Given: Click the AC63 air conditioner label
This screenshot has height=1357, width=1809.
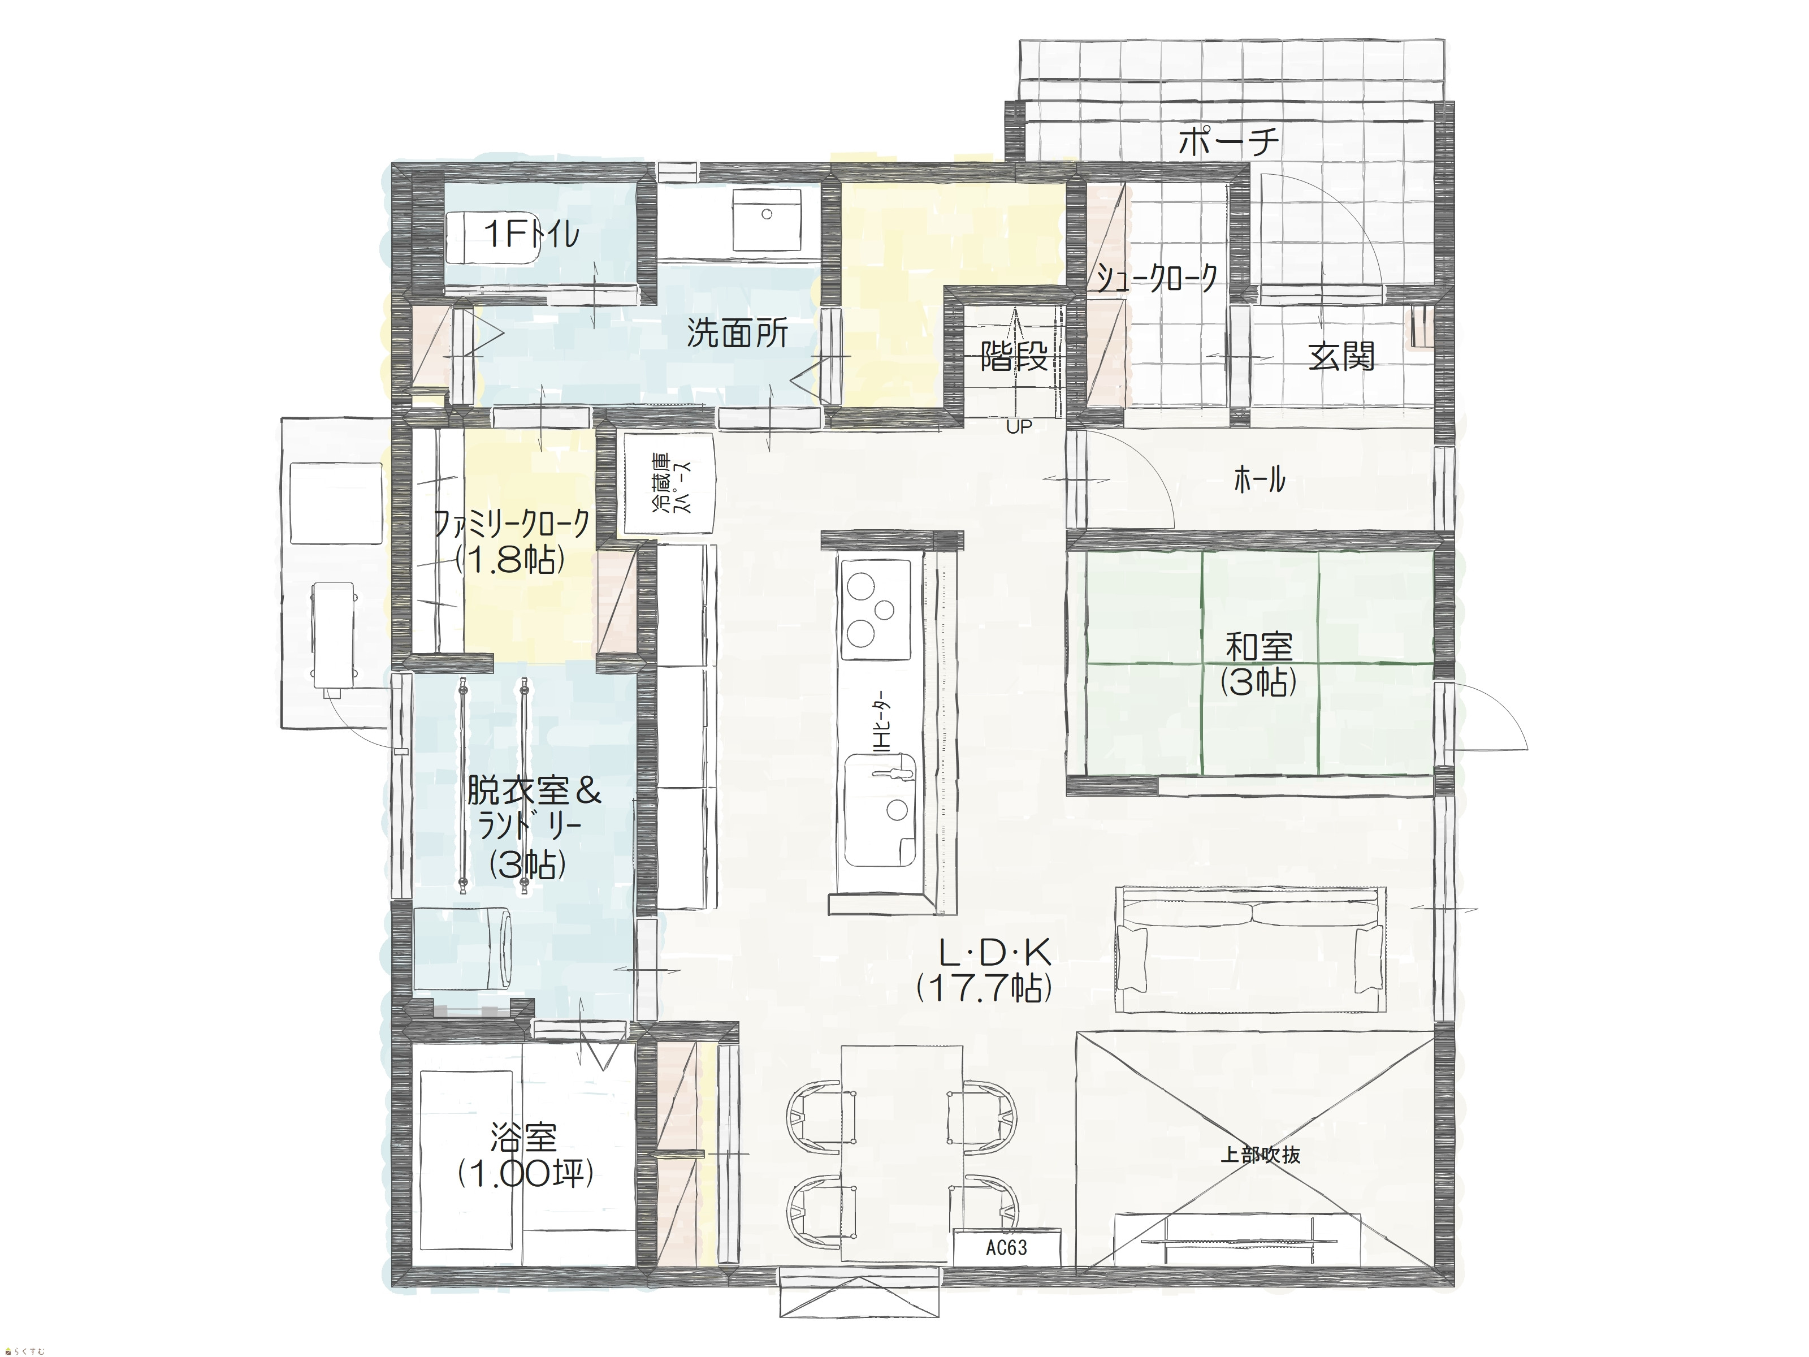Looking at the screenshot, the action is click(1007, 1248).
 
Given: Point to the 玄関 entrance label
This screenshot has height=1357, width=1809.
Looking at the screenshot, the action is click(1341, 357).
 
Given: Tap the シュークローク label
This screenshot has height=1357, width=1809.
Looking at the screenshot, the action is click(1157, 279).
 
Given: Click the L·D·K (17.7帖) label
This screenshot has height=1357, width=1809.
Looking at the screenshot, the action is click(985, 971).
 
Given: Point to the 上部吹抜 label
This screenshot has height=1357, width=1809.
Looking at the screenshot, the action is click(1260, 1155).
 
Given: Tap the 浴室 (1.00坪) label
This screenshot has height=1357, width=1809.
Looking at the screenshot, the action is click(524, 1156).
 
